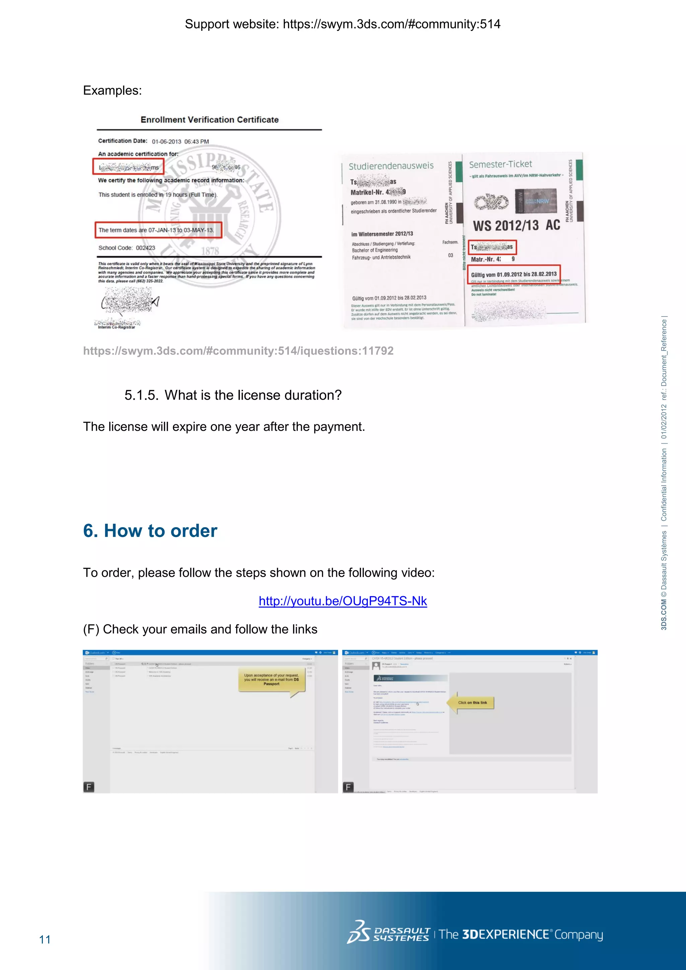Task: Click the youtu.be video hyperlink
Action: click(343, 601)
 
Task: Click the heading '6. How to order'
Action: click(150, 531)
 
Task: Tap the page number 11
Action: click(45, 939)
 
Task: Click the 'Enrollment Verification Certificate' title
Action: click(209, 120)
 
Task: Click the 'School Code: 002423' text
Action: click(127, 248)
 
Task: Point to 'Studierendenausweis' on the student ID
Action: click(391, 166)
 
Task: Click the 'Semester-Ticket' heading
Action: click(500, 164)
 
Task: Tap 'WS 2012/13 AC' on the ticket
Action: click(516, 226)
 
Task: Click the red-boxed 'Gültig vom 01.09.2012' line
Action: click(513, 274)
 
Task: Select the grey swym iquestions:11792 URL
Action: click(238, 351)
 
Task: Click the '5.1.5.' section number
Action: click(141, 395)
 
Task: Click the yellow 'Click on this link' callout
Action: click(472, 703)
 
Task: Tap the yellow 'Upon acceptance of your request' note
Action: click(271, 679)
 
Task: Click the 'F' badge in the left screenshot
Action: click(89, 787)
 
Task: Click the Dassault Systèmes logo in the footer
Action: click(388, 934)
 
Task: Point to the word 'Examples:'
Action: click(112, 90)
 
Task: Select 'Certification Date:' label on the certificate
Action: click(123, 141)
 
